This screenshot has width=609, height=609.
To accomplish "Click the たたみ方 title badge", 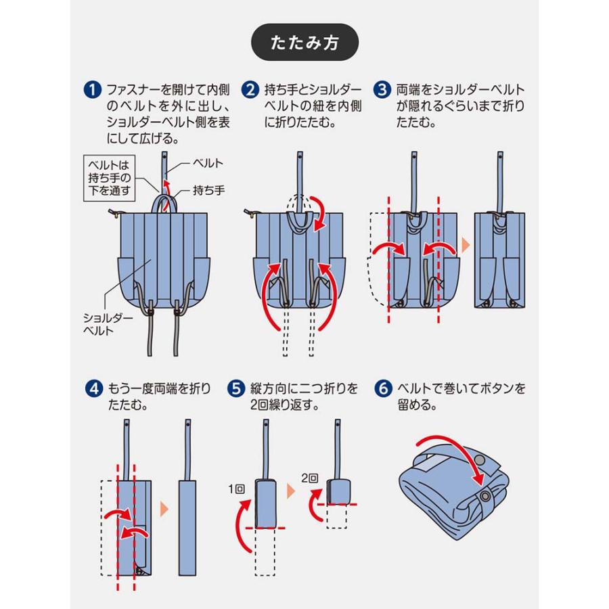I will [x=304, y=44].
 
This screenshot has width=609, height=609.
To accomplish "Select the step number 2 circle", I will [x=251, y=89].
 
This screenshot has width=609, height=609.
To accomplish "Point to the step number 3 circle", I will [x=383, y=89].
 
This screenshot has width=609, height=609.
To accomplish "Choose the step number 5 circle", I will [x=235, y=390].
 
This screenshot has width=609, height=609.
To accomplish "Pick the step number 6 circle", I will [x=383, y=390].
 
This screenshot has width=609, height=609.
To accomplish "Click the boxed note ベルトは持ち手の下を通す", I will [x=110, y=177].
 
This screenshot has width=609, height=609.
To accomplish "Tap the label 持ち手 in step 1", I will [x=208, y=191].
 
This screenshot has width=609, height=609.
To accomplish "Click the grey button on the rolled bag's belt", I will [x=480, y=460].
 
